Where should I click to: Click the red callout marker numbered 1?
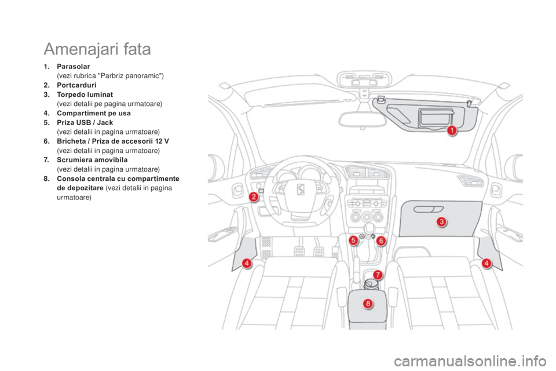coord(452,130)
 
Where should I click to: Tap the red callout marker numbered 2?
coord(254,197)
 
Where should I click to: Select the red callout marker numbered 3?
coord(441,222)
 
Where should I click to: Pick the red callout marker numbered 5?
coord(353,241)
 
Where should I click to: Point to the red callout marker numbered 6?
coord(381,241)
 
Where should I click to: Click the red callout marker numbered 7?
coord(378,275)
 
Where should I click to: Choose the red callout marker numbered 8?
coord(368,303)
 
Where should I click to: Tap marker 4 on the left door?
coord(247,263)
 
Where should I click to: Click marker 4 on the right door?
coord(487,263)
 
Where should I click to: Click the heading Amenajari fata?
coord(97,49)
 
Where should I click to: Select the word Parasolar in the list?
coord(74,67)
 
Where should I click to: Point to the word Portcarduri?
coord(76,85)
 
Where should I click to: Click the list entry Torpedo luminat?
coord(85,94)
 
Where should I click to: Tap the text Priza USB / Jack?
coord(85,122)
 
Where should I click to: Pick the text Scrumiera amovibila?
coord(92,160)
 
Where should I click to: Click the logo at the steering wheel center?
coord(301,190)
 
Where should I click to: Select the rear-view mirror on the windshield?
coord(362,119)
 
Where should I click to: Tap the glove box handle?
coord(429,209)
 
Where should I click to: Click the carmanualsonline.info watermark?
coord(470,362)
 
